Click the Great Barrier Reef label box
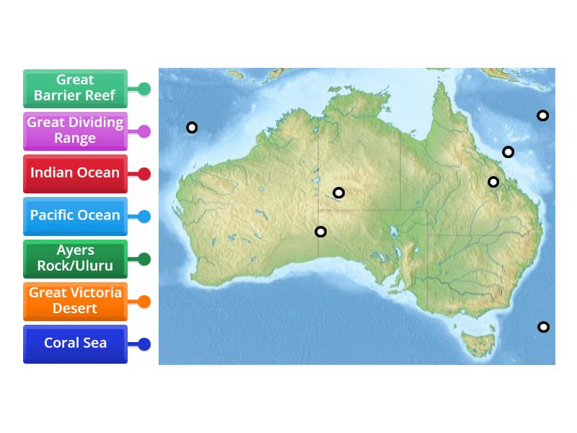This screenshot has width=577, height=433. (75, 88)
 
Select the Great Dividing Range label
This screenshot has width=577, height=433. (75, 131)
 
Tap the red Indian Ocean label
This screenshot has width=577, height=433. (75, 173)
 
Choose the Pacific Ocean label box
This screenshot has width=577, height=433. (75, 216)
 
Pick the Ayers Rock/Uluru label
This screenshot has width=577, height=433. (75, 258)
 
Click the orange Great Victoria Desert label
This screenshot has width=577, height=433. (75, 301)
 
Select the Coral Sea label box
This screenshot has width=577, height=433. (75, 344)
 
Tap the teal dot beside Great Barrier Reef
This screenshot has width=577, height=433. (144, 89)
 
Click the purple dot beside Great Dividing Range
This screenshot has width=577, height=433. (144, 131)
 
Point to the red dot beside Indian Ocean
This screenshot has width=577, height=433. (144, 174)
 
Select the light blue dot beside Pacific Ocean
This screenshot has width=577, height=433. (144, 216)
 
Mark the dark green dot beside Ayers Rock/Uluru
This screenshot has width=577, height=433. (144, 259)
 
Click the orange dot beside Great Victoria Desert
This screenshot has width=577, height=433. (144, 302)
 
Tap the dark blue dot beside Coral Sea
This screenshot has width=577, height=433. (144, 344)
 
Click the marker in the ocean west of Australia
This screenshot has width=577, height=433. (192, 128)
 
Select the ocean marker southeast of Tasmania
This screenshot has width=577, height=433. (544, 327)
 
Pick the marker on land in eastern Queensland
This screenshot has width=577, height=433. (493, 182)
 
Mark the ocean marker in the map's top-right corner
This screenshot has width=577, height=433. (542, 115)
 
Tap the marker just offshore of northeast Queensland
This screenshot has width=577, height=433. (508, 152)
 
